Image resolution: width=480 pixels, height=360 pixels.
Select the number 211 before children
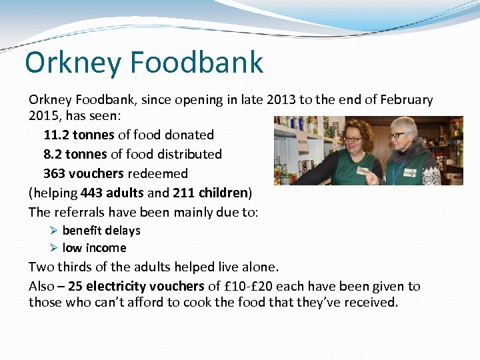coord(183,193)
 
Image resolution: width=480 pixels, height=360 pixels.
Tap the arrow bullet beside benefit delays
coord(54,231)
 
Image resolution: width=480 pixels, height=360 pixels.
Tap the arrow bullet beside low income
coord(54,248)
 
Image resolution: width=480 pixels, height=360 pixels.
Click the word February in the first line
coord(407,100)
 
